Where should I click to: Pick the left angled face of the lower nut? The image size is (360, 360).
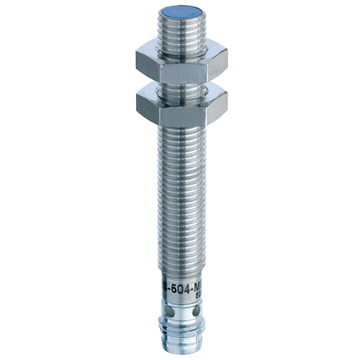(x=149, y=106)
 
